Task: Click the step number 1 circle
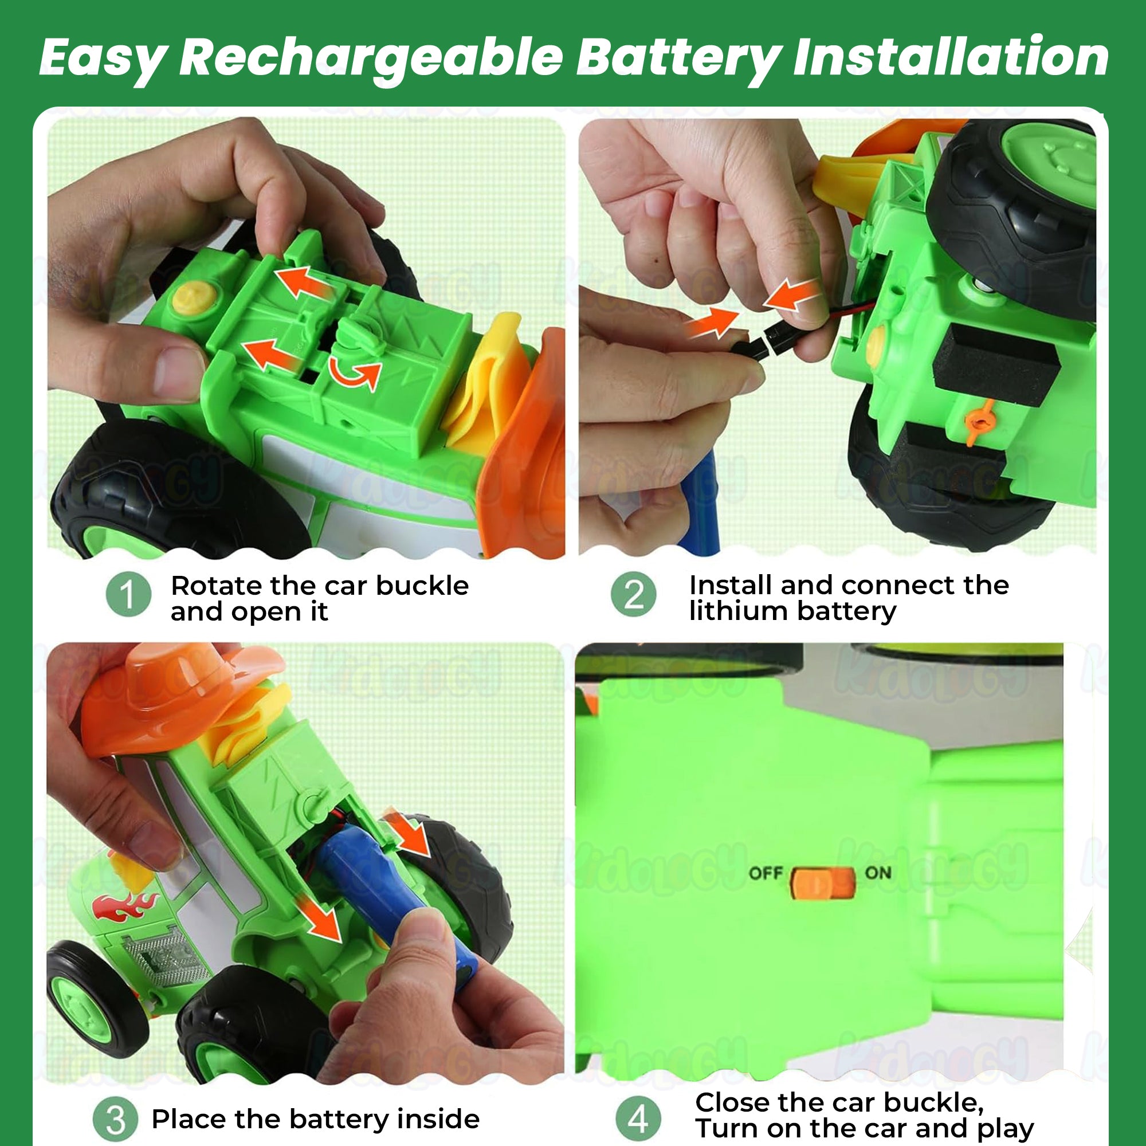click(x=129, y=594)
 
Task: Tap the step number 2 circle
click(x=634, y=594)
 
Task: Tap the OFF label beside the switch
click(x=766, y=873)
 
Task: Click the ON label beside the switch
click(x=878, y=873)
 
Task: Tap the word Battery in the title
click(x=678, y=57)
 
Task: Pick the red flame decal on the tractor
click(x=125, y=906)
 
